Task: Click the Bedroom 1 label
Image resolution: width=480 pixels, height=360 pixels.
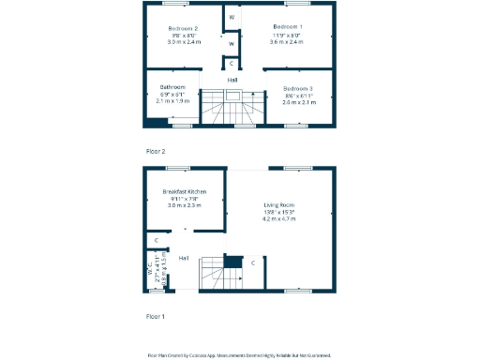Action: [x=287, y=27]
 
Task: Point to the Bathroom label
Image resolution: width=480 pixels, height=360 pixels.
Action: [x=172, y=87]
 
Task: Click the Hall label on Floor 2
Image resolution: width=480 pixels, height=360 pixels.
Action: [x=232, y=80]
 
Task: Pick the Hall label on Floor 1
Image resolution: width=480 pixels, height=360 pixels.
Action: [x=184, y=257]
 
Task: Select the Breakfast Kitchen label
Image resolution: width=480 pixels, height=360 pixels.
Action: [x=185, y=191]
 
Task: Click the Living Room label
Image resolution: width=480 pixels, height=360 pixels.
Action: [x=278, y=205]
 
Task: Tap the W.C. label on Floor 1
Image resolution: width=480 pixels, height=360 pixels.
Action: [x=149, y=272]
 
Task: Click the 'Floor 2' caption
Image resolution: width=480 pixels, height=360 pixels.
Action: [x=156, y=150]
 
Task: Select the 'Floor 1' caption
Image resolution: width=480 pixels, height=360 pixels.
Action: [x=156, y=316]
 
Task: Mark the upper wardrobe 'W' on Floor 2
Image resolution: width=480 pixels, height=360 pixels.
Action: [x=232, y=18]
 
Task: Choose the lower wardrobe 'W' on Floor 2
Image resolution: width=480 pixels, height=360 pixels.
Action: [x=232, y=43]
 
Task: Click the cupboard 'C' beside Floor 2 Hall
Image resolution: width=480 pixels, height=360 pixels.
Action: [x=232, y=64]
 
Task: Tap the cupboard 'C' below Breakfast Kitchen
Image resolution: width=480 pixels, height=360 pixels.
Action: [x=156, y=241]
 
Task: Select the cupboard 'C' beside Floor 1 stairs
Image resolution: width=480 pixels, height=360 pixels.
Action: [x=253, y=262]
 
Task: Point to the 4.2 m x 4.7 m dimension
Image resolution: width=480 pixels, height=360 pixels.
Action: [x=278, y=218]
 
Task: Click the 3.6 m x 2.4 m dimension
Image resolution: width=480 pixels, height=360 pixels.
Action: [x=287, y=42]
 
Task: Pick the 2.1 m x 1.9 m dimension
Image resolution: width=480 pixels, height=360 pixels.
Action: [x=172, y=101]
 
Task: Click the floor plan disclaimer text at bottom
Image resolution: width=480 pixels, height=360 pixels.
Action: [x=239, y=355]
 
